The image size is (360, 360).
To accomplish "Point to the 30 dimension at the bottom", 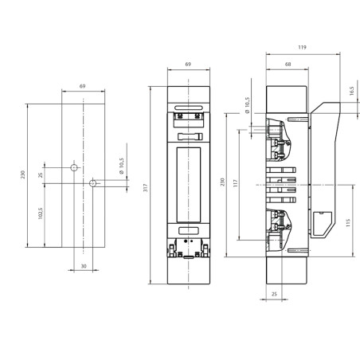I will click(x=83, y=266).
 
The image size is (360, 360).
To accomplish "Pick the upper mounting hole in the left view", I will click(x=74, y=169).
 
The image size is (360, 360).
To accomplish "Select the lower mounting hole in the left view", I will click(x=92, y=183).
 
